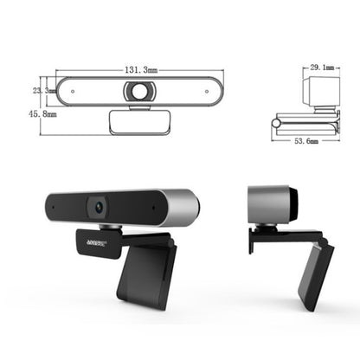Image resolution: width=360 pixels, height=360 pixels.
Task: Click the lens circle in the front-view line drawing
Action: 138,90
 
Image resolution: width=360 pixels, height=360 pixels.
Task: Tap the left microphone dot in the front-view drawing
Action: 72,90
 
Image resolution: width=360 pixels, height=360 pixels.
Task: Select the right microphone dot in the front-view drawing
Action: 204,90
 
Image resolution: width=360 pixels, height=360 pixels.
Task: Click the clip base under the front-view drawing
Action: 138,120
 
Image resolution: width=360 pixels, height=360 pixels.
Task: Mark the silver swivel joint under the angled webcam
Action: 111,227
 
